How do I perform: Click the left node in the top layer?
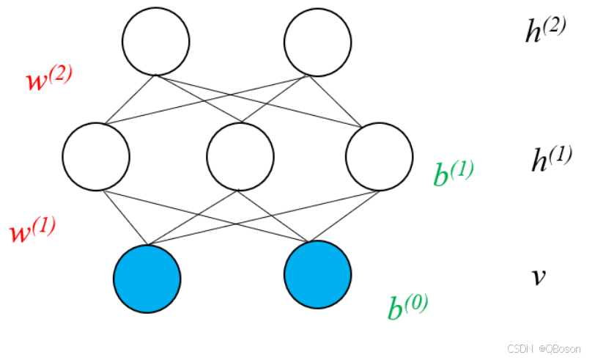(x=156, y=41)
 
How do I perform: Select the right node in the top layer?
(x=317, y=41)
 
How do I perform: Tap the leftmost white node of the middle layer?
(x=96, y=156)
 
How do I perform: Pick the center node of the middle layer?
(x=240, y=156)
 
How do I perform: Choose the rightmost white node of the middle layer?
(x=379, y=156)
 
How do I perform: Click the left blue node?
(x=147, y=279)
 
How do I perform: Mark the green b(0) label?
(x=407, y=306)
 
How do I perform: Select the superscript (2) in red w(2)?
(x=62, y=73)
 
